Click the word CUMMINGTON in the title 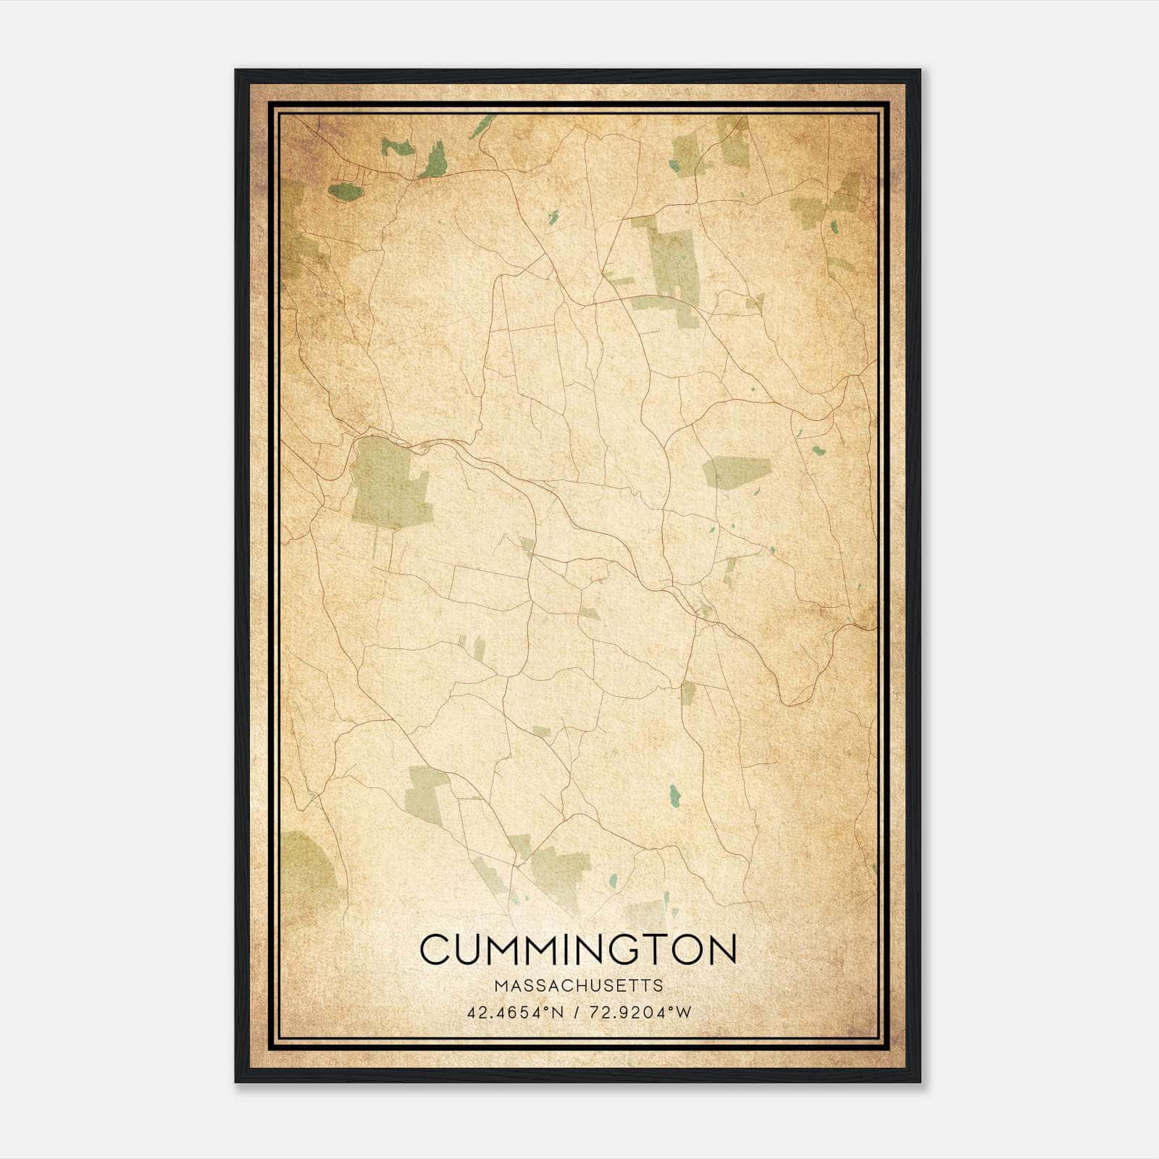tap(578, 950)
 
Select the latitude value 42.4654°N tap(515, 1013)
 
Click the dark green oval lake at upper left tap(345, 191)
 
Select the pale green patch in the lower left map tap(427, 793)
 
